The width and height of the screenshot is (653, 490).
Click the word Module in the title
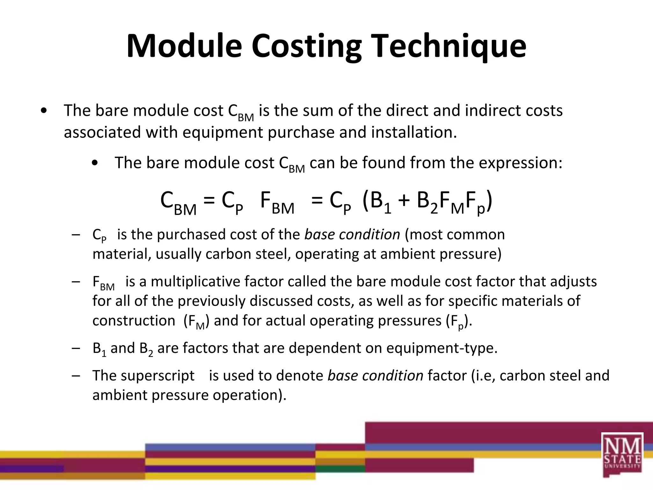[184, 46]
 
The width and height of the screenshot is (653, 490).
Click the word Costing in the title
[306, 47]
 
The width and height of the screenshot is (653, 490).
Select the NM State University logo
[622, 455]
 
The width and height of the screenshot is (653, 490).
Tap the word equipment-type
[442, 348]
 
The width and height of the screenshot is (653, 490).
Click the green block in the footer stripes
[340, 469]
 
